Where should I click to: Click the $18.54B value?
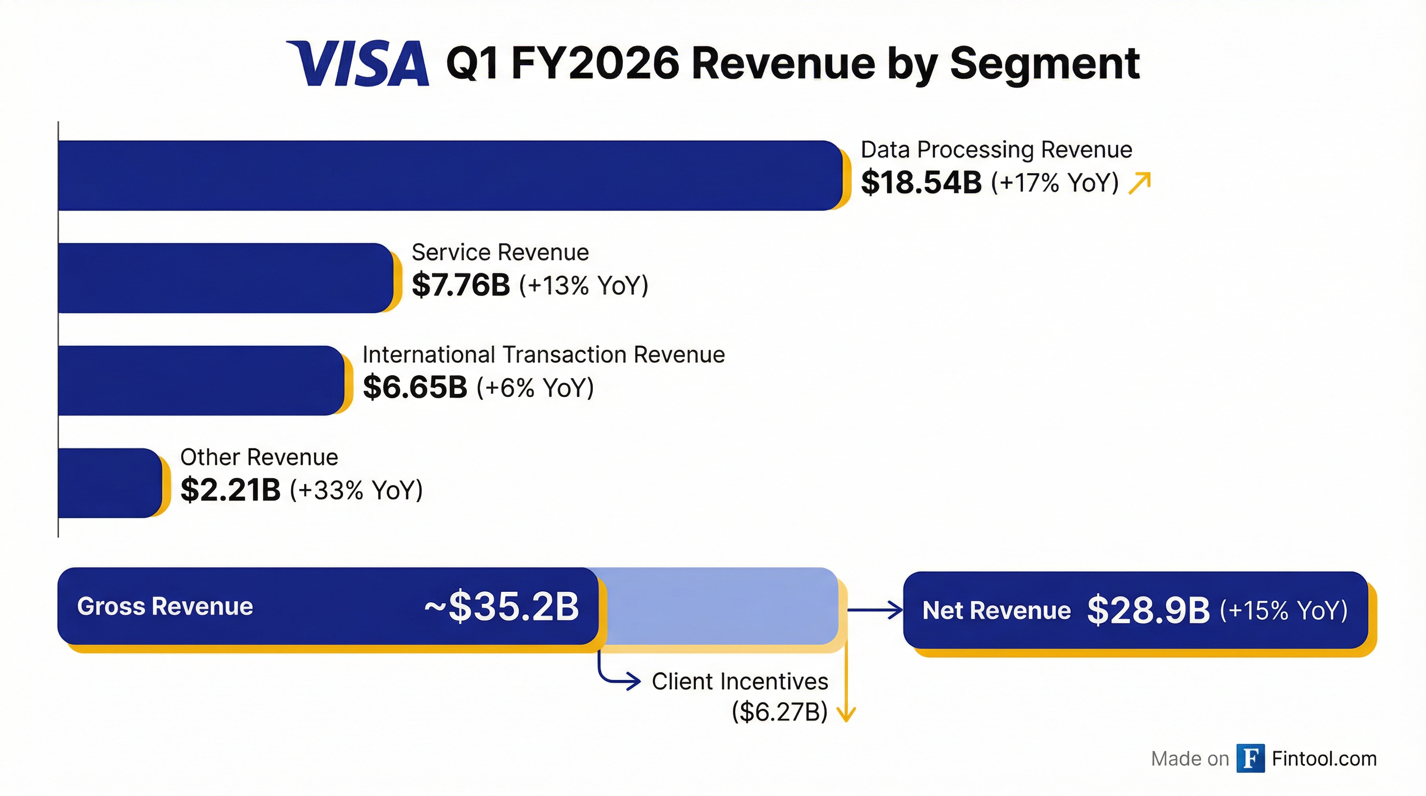tap(921, 182)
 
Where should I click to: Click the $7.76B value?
tap(461, 285)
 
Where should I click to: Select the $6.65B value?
tap(415, 387)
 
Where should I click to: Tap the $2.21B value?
tap(230, 490)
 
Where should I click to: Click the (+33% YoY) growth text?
tap(356, 490)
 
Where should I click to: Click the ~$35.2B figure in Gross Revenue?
tap(502, 607)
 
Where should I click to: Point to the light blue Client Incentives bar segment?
tap(720, 606)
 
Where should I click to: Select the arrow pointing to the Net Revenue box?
tap(875, 610)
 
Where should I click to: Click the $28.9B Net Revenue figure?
tap(1148, 610)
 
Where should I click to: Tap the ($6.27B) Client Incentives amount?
tap(779, 712)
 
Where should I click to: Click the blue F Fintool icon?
tap(1250, 758)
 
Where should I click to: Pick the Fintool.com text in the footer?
tap(1324, 758)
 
